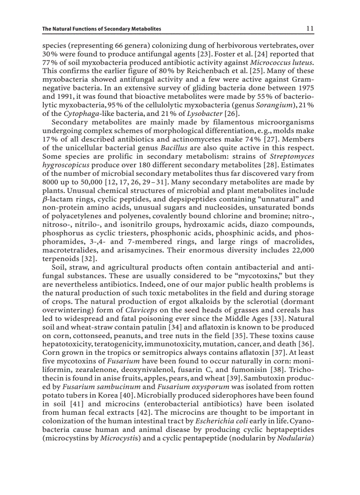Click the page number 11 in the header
310,29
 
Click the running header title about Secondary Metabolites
101,29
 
